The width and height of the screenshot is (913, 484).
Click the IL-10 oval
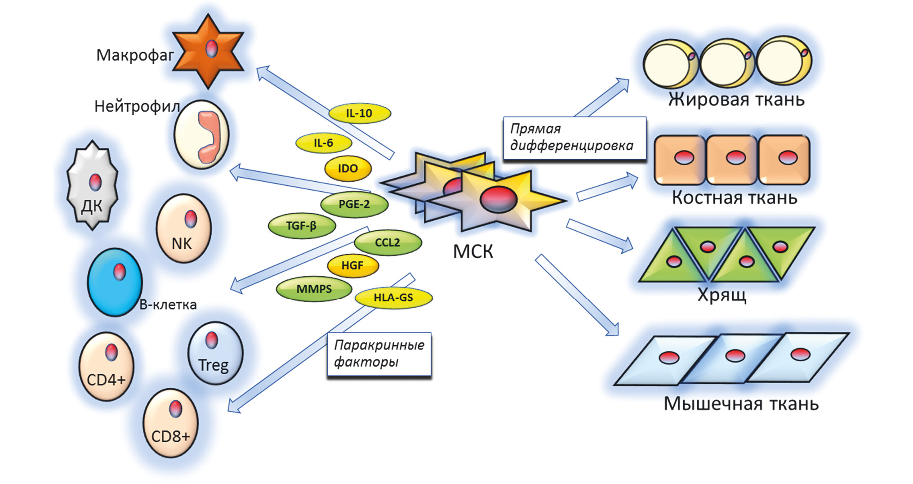pos(360,113)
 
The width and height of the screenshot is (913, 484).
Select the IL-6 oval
pos(323,143)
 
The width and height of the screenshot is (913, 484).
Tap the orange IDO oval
pos(348,169)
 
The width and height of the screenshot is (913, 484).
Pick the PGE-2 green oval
pos(354,204)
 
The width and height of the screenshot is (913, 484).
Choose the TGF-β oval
pos(302,225)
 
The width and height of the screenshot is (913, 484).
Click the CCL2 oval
pos(387,243)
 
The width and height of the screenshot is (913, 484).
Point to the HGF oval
pos(352,265)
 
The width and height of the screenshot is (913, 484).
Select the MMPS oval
pos(314,289)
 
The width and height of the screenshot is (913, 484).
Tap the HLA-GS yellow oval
pos(393,298)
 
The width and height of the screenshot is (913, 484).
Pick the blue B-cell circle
pos(115,282)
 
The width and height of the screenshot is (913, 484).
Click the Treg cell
pos(215,353)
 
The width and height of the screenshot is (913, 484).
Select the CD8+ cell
pos(170,424)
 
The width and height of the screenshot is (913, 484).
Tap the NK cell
pos(183,228)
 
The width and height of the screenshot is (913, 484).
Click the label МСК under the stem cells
pos(473,252)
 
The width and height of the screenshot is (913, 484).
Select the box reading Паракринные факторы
pos(379,354)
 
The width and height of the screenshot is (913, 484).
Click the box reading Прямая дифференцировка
pos(574,138)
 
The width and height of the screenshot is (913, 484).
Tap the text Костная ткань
pos(734,198)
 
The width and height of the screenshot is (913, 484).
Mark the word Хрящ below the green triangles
pos(721,295)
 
